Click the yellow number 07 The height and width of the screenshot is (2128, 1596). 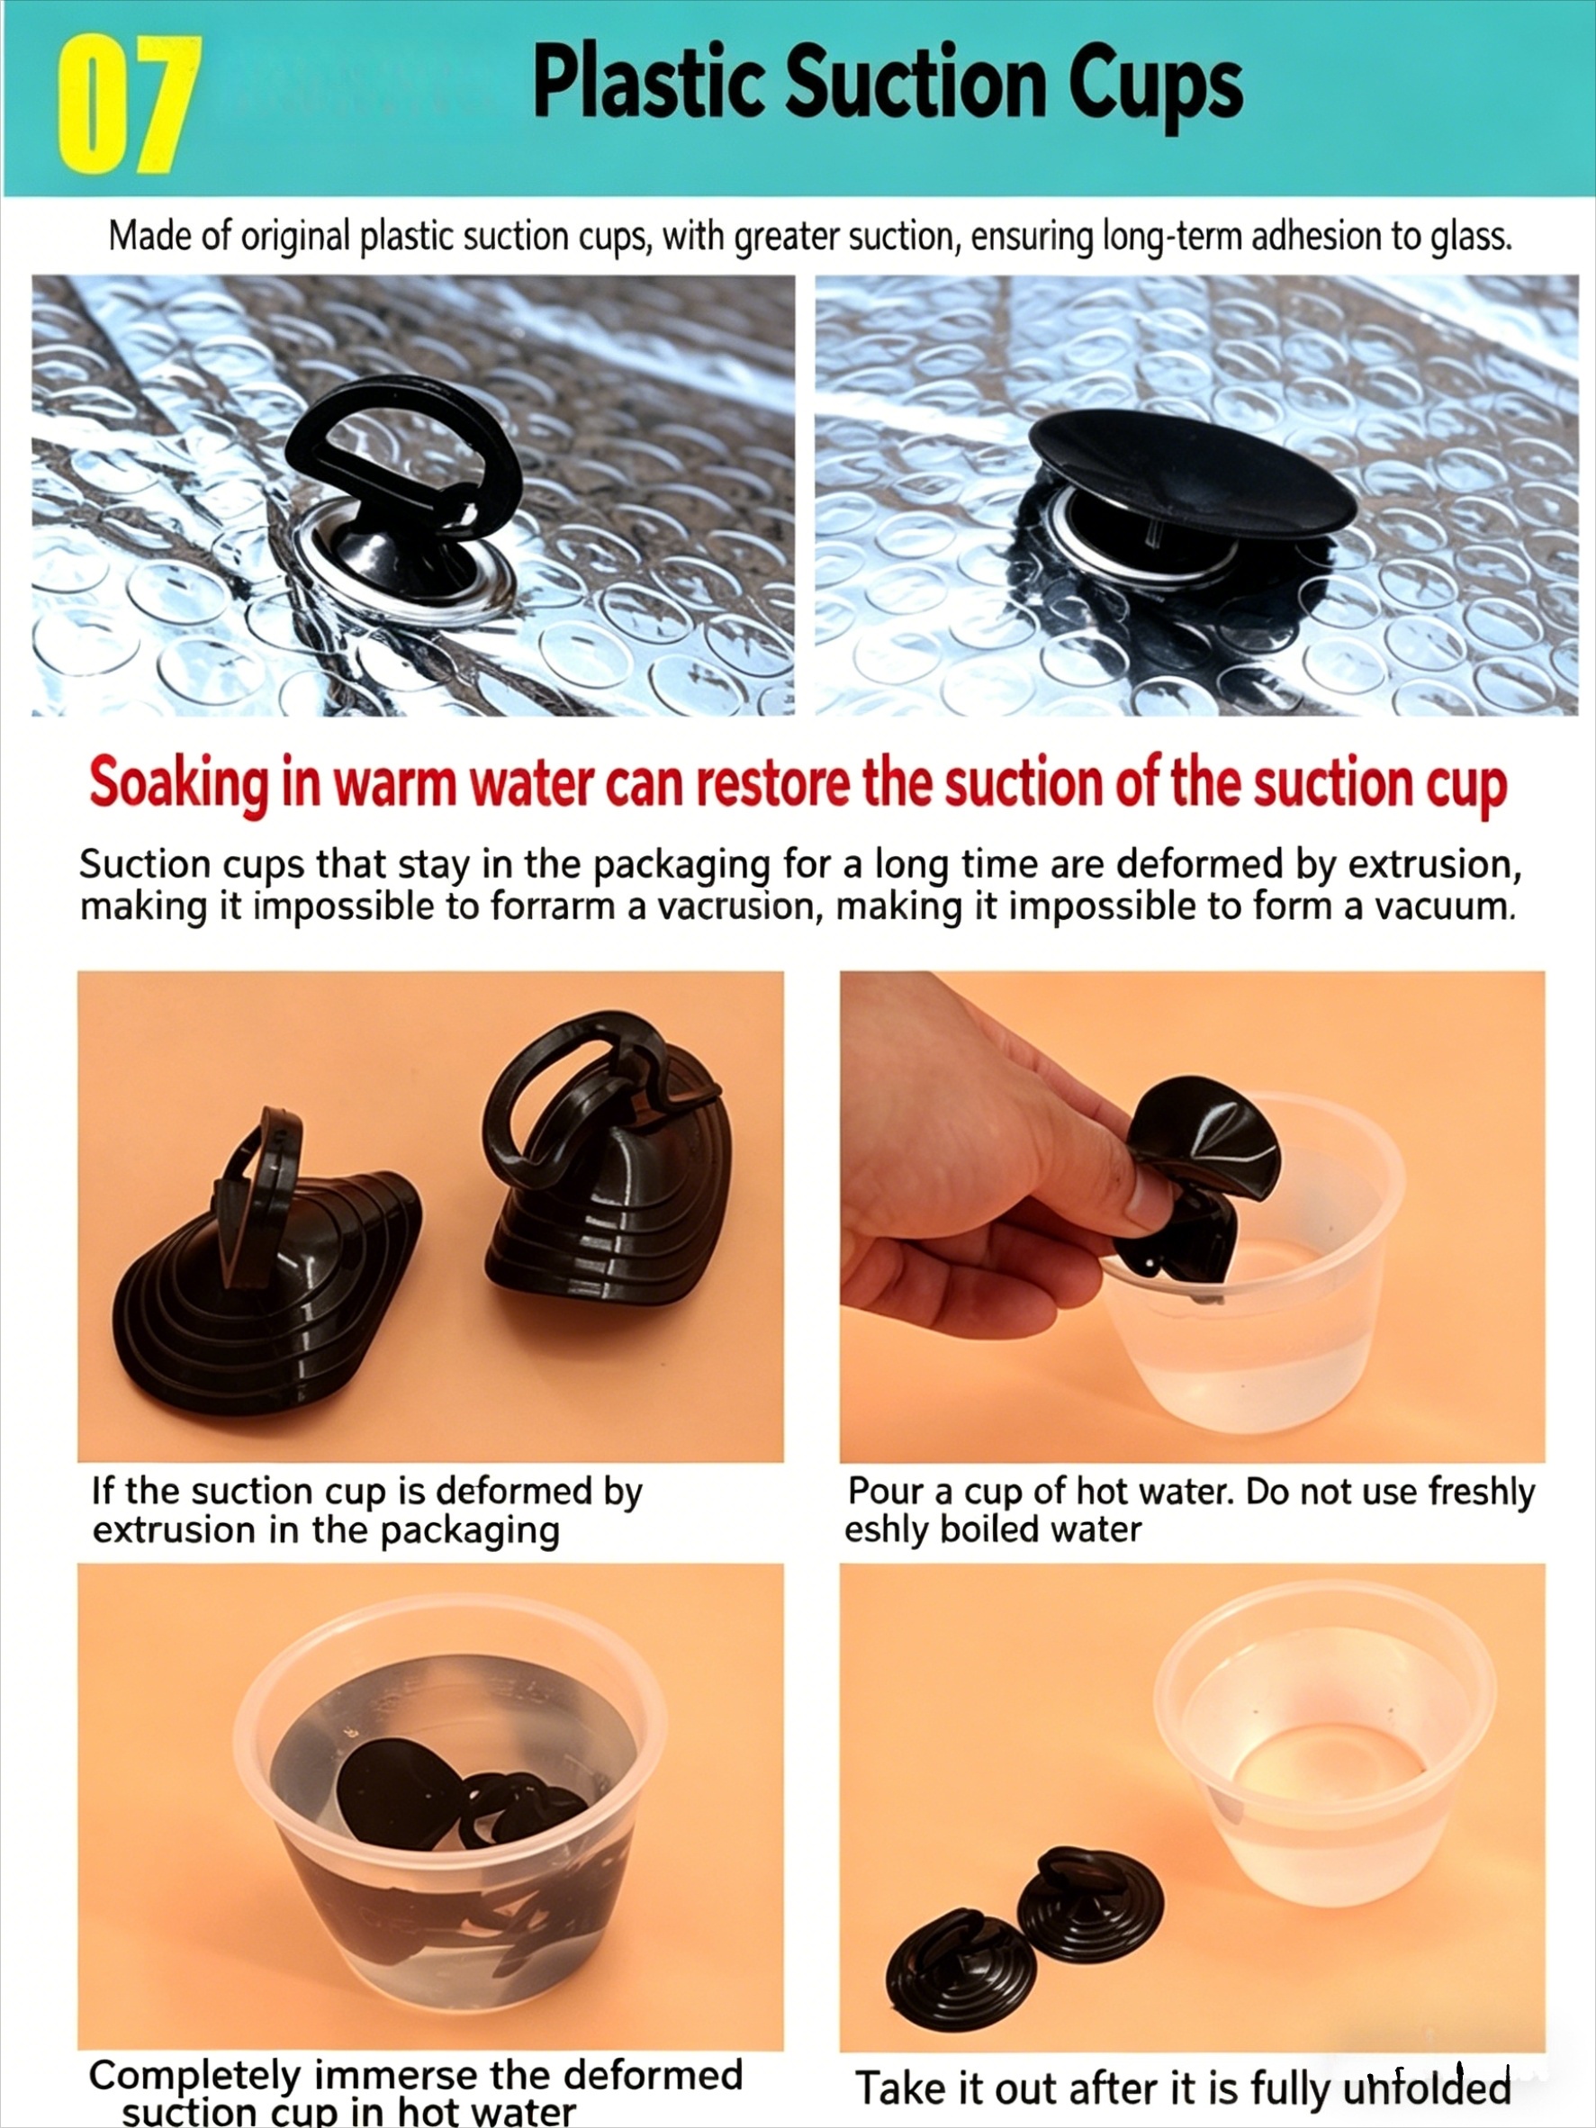tap(127, 104)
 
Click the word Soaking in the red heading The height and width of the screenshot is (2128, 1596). tap(179, 784)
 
